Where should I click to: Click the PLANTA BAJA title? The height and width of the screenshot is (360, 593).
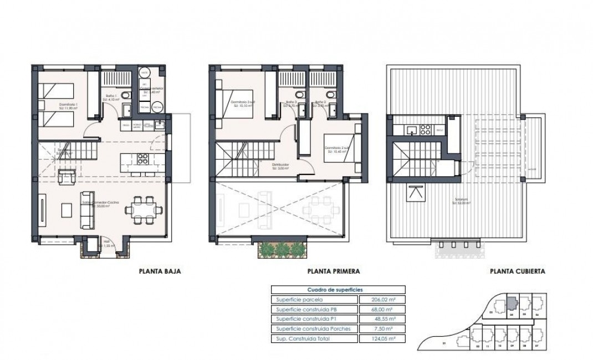159,271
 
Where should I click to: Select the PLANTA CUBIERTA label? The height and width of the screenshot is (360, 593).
518,271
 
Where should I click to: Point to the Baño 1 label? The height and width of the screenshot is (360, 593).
111,96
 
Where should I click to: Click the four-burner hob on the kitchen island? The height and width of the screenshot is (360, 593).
142,160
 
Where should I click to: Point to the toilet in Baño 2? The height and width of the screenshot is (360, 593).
331,95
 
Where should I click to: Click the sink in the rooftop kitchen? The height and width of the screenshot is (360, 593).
411,131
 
